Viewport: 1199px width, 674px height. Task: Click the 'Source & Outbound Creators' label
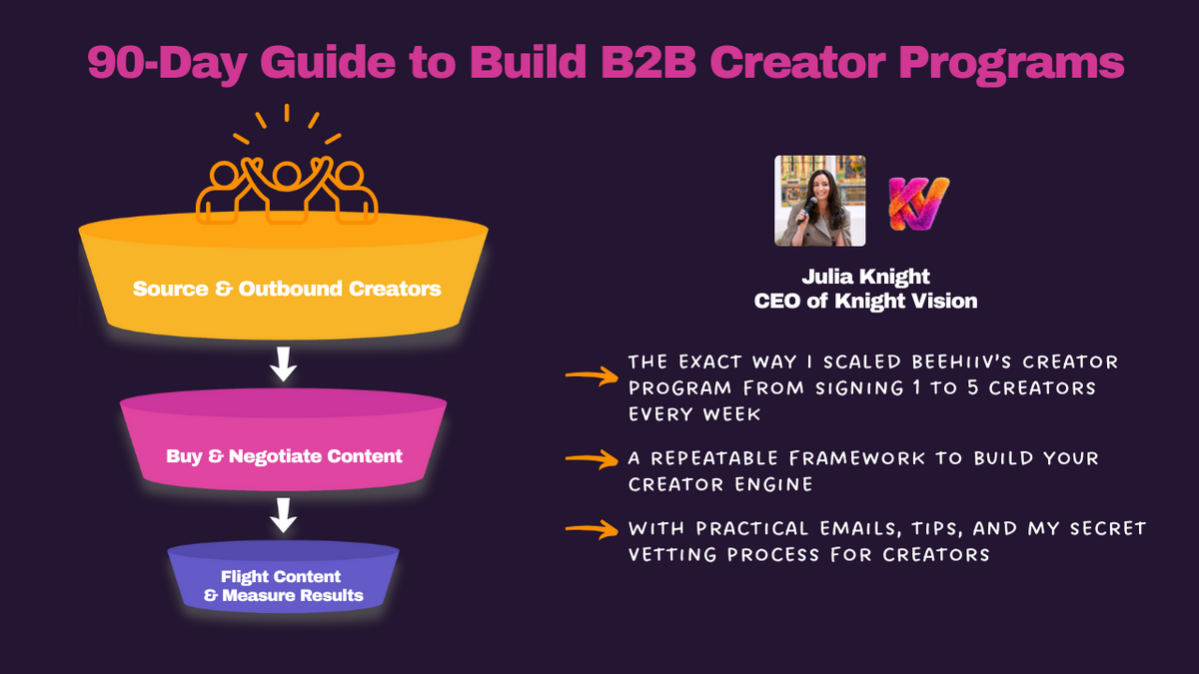point(287,290)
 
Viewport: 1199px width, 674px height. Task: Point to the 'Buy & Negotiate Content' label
point(285,456)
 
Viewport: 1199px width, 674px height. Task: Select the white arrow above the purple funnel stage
point(285,515)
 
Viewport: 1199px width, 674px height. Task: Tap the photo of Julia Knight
point(820,201)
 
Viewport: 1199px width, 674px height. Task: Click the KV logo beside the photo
point(918,201)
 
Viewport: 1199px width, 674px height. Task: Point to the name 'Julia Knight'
point(865,277)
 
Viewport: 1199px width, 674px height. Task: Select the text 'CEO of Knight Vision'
point(865,301)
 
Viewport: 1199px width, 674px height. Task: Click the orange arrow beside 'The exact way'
point(591,375)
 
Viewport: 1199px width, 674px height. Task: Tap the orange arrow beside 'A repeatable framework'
point(591,459)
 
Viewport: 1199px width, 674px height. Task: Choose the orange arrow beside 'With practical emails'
point(591,529)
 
